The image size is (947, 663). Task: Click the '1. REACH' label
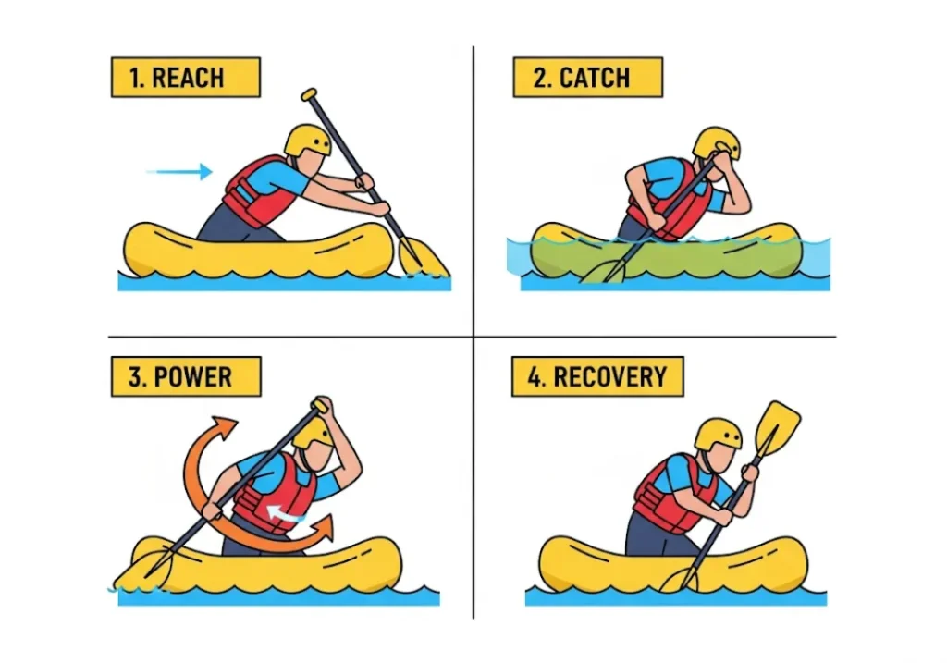coord(185,78)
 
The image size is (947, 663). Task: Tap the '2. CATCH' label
coord(587,78)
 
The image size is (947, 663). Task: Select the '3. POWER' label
coord(185,377)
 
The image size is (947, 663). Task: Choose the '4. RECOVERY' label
coord(596,377)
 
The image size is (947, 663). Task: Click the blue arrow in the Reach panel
coord(179,171)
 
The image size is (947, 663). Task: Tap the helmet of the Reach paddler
coord(307,140)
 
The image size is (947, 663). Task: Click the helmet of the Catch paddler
coord(717,142)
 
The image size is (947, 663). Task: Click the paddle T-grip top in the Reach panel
coord(309,94)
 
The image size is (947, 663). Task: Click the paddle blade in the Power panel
coord(139,571)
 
